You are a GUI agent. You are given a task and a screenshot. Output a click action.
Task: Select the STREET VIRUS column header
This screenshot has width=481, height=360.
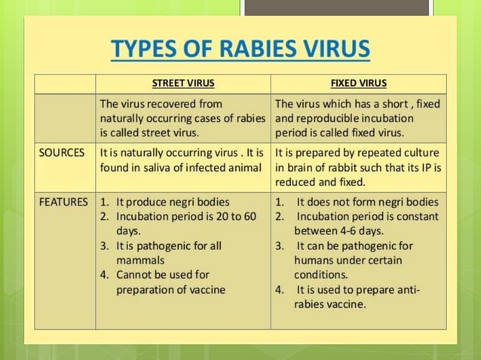183,83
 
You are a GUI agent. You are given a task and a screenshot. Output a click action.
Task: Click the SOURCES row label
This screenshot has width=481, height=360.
62,153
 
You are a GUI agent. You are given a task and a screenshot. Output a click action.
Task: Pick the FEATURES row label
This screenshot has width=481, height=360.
64,202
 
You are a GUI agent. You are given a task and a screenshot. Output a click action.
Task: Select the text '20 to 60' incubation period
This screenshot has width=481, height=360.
235,216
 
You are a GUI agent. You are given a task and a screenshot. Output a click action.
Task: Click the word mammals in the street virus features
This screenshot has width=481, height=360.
139,259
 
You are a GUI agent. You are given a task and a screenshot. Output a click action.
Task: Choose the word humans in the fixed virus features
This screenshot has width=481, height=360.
316,260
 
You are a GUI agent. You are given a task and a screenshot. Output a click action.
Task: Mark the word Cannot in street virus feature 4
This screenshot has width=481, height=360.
135,274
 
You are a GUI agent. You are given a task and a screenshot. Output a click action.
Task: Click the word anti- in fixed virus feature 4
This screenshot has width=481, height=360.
406,289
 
